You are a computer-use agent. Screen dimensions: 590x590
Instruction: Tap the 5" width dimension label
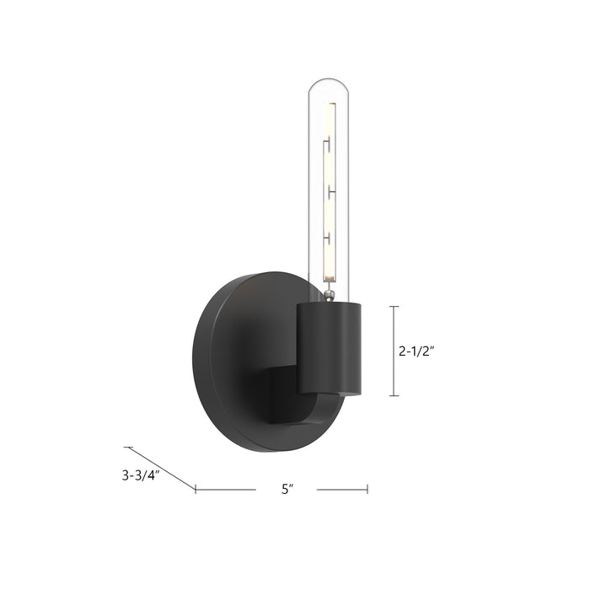(x=287, y=489)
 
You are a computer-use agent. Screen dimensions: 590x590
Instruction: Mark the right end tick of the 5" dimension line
(x=367, y=489)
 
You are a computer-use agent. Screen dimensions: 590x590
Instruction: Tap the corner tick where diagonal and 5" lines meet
(x=196, y=489)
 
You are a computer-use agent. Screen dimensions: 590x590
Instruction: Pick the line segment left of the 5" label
(x=226, y=489)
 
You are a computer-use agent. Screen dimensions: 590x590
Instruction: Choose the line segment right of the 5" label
(x=342, y=489)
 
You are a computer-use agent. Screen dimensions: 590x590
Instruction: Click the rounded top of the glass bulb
(x=330, y=82)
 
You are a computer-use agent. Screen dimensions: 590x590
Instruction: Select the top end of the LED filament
(x=330, y=105)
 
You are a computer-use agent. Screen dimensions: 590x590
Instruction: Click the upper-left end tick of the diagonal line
(x=126, y=447)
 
